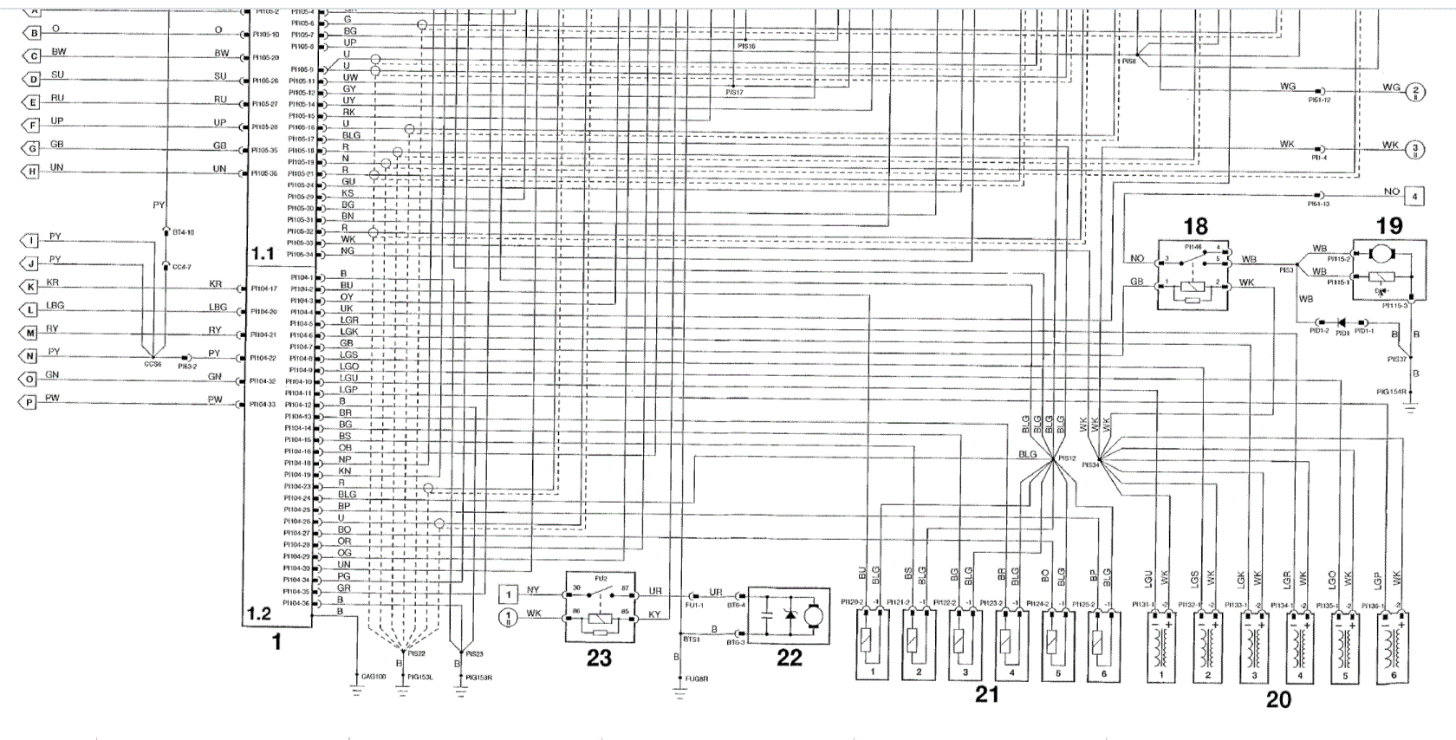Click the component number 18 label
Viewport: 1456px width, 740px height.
pos(1195,226)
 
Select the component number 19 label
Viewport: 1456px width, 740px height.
pos(1389,226)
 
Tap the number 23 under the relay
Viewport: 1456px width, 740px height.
pos(599,658)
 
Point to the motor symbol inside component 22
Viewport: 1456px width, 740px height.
pos(813,615)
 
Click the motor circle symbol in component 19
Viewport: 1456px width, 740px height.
pos(1378,254)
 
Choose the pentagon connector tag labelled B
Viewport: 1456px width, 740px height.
pos(32,33)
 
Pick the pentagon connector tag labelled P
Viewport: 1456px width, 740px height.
pos(30,402)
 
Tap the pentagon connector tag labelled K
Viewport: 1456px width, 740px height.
pos(30,287)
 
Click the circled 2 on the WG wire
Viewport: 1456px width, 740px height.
pos(1414,91)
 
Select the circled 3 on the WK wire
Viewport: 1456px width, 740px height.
pos(1414,149)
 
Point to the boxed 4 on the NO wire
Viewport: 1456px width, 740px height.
pos(1414,197)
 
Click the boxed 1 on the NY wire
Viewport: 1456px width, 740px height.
pos(509,594)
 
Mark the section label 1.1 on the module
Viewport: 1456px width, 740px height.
pos(263,254)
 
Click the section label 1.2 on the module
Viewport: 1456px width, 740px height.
pos(258,613)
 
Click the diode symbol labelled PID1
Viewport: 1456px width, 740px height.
pos(1342,322)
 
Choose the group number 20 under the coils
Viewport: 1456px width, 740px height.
pos(1278,699)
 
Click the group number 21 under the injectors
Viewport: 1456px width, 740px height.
pos(987,693)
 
